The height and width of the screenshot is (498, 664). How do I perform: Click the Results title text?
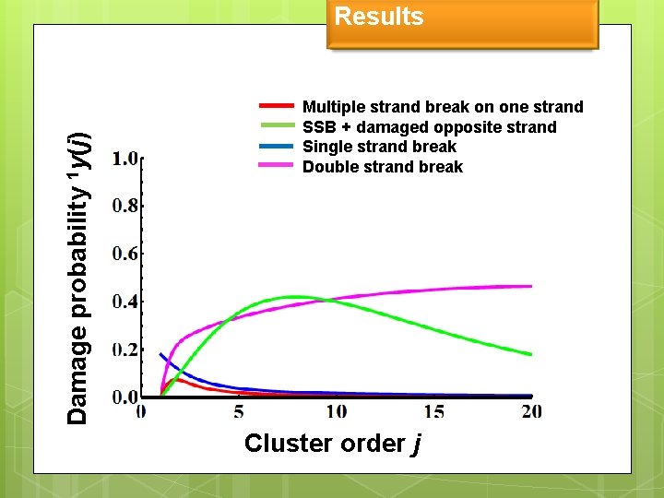(378, 17)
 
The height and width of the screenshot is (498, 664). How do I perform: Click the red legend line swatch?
(277, 106)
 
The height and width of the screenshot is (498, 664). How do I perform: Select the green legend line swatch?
(277, 126)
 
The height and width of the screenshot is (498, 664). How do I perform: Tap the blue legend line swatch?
(277, 146)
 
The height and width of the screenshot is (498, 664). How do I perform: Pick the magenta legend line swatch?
(277, 166)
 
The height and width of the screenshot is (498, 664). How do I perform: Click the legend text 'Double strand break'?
(383, 167)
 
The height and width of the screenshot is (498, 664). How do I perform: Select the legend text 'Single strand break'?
(379, 147)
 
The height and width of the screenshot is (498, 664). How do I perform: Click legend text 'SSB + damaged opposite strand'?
(429, 127)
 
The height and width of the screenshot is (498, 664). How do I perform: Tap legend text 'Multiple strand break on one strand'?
(443, 107)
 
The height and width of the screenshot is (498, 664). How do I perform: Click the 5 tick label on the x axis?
(239, 411)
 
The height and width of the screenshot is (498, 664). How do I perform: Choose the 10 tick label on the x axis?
(336, 411)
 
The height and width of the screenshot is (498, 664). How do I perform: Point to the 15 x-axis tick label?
(433, 411)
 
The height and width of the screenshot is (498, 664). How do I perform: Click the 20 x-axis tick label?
(531, 411)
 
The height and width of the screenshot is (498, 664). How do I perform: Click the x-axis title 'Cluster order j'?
(333, 444)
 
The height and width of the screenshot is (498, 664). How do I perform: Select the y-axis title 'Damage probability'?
(79, 277)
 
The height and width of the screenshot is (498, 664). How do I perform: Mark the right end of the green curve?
(531, 354)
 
